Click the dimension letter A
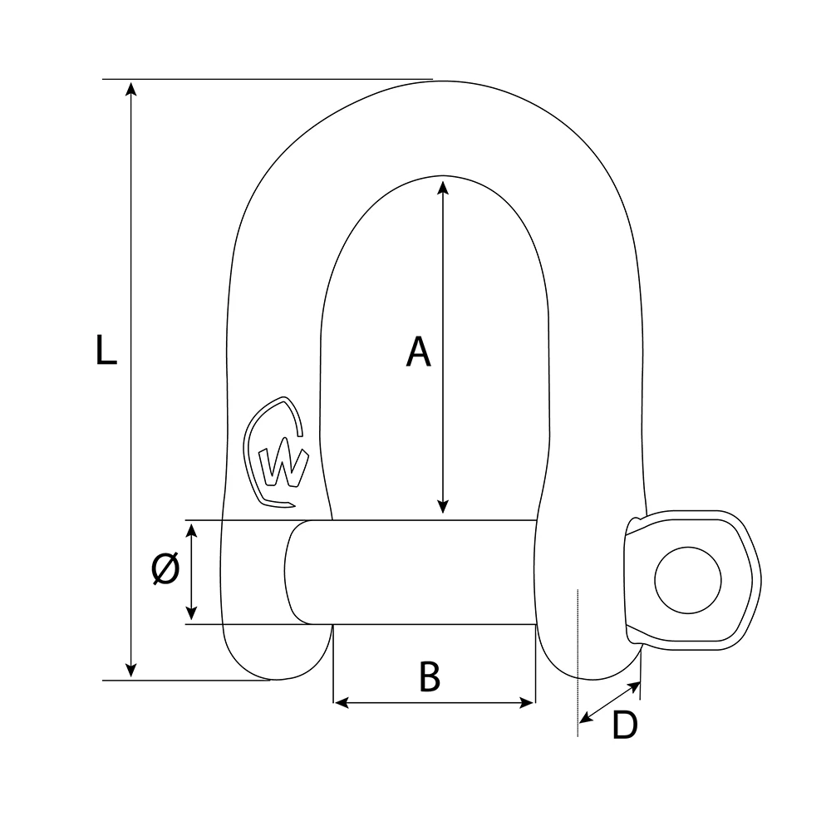418,352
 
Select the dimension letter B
429,677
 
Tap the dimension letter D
624,725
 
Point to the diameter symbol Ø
165,570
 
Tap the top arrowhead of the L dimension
130,88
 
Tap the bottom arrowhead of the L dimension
130,671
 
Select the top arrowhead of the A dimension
443,184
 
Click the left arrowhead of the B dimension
340,703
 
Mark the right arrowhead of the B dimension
528,703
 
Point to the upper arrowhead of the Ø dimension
192,530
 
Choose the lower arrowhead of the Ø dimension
192,614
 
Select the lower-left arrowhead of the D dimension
585,716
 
